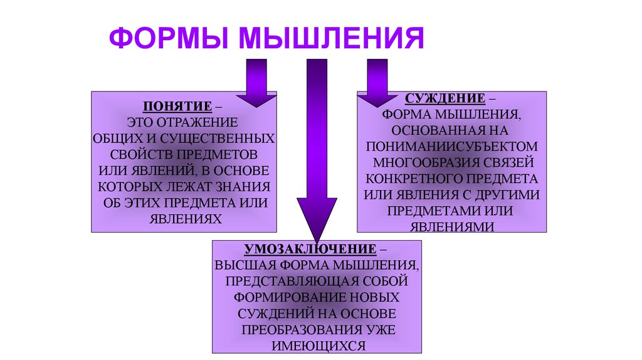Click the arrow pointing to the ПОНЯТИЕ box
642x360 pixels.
point(256,85)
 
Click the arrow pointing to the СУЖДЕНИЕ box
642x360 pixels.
point(377,85)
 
